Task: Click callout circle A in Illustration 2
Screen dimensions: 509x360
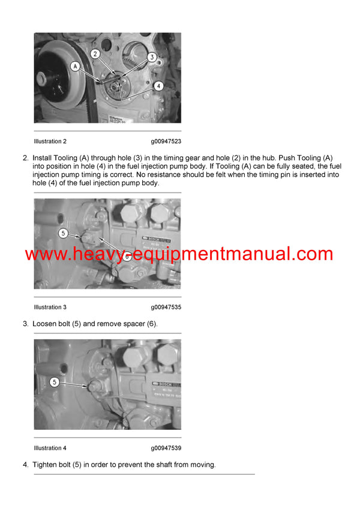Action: [76, 67]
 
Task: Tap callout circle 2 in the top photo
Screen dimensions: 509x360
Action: [95, 54]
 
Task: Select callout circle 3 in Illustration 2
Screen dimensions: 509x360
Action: [152, 57]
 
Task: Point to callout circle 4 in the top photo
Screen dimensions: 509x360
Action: [158, 86]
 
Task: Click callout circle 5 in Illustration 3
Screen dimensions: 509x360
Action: [63, 233]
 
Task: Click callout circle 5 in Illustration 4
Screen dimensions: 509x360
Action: [55, 381]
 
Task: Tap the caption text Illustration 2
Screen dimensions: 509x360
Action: [50, 141]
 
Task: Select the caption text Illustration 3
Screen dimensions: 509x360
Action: [50, 308]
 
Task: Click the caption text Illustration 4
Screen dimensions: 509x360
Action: [50, 448]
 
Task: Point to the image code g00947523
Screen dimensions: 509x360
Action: [166, 141]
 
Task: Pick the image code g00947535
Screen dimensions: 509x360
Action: [166, 308]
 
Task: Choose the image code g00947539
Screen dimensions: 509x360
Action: [166, 448]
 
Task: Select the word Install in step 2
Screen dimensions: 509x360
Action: [43, 158]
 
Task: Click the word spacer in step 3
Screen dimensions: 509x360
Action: [131, 324]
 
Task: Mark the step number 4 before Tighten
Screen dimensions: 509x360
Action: [25, 465]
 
